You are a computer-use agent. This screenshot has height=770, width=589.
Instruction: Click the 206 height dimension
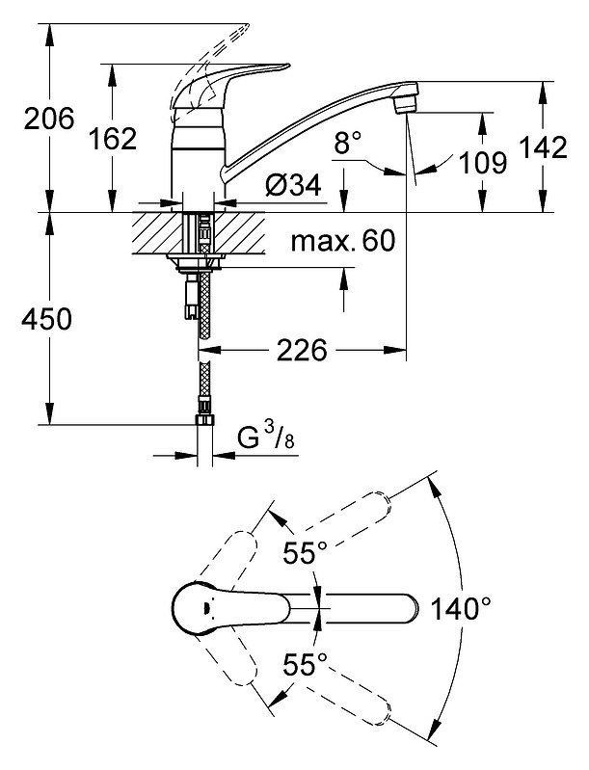pos(49,119)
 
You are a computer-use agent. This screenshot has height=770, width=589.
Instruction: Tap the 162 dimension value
pos(113,139)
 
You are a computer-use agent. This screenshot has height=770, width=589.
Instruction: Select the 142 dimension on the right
pos(543,146)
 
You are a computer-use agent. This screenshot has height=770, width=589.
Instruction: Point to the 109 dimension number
pos(482,163)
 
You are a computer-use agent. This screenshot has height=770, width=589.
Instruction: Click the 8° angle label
pos(348,143)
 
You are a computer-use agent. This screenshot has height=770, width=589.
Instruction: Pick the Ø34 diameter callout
pos(293,185)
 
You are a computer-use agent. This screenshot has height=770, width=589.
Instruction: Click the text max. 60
pos(343,241)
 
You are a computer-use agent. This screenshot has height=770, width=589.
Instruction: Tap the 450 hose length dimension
pos(46,319)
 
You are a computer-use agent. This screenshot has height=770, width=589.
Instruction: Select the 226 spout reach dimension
pos(302,350)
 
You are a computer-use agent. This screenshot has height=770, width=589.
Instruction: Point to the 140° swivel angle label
pos(460,608)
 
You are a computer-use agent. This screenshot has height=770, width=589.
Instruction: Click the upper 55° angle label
pos(305,553)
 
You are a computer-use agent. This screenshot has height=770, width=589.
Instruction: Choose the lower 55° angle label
pos(305,664)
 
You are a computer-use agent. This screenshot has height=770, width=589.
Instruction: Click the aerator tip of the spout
pos(407,104)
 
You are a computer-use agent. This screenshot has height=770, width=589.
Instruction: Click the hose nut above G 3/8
pos(204,420)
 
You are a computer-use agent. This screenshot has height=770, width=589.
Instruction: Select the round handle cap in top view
pos(201,609)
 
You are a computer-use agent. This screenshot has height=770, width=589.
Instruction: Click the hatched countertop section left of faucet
pos(151,233)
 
